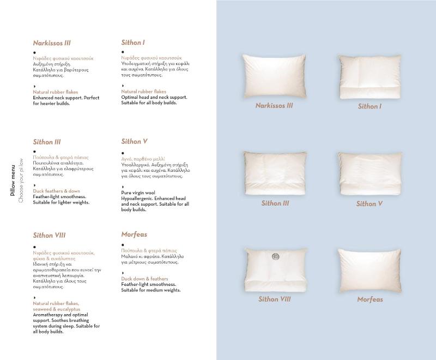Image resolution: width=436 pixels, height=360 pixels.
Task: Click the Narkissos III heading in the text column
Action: [x=52, y=43]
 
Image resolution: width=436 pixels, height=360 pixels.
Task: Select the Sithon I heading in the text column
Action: [x=133, y=43]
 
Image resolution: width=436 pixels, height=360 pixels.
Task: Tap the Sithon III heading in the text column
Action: [x=47, y=142]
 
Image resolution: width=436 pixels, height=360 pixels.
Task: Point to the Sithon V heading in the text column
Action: [x=135, y=142]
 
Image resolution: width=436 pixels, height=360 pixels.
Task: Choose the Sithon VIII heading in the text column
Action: [x=49, y=236]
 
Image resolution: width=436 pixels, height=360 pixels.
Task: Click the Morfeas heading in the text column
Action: [x=134, y=235]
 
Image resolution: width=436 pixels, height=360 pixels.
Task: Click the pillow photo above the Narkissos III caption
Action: [x=274, y=76]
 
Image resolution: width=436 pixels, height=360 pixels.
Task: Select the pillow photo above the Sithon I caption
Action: [x=370, y=76]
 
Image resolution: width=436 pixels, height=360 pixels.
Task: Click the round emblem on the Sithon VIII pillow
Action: [x=276, y=256]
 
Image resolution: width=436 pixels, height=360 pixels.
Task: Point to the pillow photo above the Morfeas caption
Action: [x=370, y=271]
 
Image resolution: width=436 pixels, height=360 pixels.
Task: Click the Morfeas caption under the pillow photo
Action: [x=370, y=299]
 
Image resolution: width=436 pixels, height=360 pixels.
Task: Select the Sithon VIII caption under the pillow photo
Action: [x=275, y=299]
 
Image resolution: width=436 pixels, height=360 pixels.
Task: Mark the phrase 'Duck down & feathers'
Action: [x=144, y=279]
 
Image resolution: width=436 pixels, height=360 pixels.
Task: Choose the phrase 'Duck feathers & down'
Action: [x=56, y=191]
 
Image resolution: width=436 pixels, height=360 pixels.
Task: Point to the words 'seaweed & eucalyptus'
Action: [x=56, y=309]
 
